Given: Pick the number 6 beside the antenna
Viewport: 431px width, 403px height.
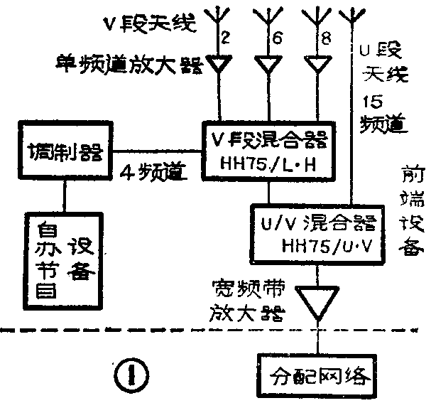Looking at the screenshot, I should click(278, 40).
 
